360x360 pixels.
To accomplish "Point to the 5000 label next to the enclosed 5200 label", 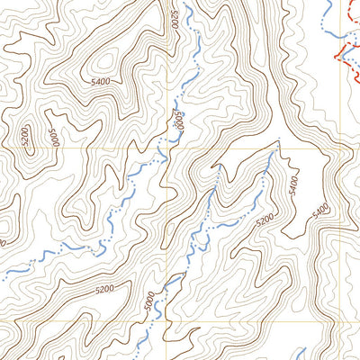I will pyautogui.click(x=54, y=138).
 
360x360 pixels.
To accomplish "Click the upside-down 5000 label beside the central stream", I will pyautogui.click(x=180, y=121).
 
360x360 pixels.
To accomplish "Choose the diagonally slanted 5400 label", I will pyautogui.click(x=320, y=212).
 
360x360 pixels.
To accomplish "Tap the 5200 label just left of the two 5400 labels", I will pyautogui.click(x=265, y=220).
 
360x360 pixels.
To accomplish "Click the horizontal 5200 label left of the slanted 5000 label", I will pyautogui.click(x=103, y=289).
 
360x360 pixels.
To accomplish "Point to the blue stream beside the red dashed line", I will pyautogui.click(x=335, y=36).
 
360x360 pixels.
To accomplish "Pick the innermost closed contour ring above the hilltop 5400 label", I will pyautogui.click(x=105, y=61).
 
